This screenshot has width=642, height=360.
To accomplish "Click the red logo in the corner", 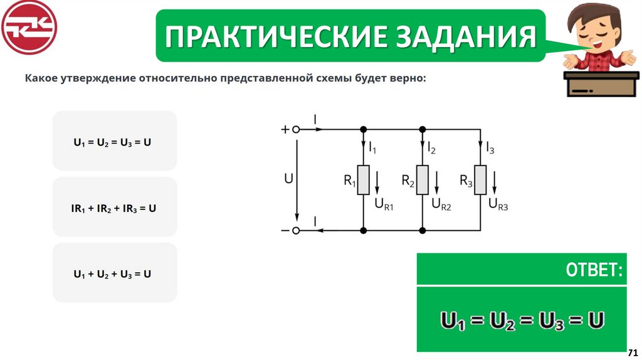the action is (x=29, y=28).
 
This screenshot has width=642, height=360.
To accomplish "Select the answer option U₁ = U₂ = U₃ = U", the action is (x=115, y=141).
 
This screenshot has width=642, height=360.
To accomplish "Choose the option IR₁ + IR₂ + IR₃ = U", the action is (x=115, y=208).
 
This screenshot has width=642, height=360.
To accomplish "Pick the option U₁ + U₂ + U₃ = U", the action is (x=115, y=274).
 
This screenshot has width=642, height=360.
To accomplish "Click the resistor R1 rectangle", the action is (x=363, y=180).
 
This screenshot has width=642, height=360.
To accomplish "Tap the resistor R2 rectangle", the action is (x=422, y=180).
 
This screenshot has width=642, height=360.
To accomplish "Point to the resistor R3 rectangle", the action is (x=480, y=180).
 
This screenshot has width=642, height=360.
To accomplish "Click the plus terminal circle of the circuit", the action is (x=297, y=130).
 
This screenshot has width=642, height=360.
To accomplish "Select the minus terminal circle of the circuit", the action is (x=297, y=231).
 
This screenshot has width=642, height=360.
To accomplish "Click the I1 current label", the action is (x=372, y=149).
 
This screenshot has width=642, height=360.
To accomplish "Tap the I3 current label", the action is (x=490, y=149).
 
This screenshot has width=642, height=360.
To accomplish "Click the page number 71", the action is (x=633, y=351).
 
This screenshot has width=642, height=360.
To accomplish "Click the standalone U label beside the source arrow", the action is (x=288, y=179).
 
